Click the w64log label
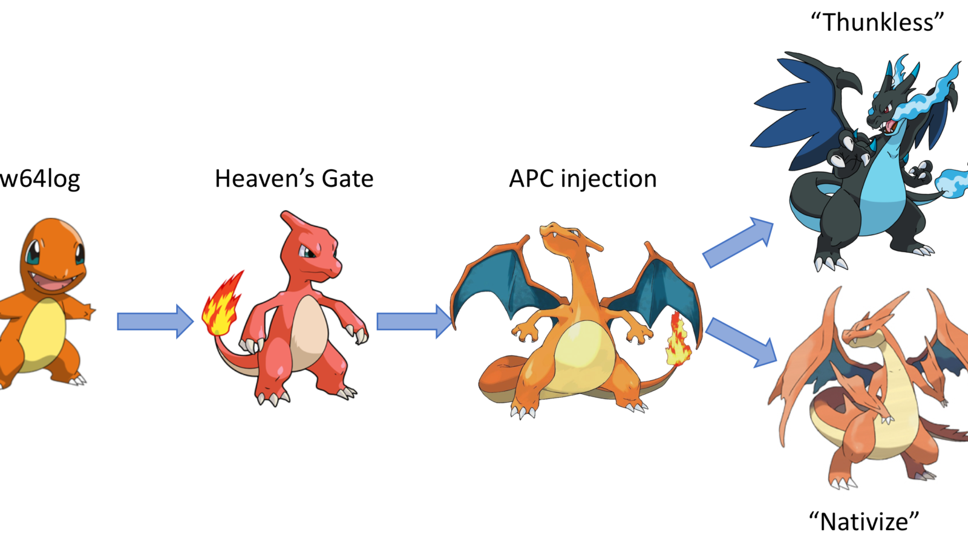click(x=40, y=179)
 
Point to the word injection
click(x=609, y=180)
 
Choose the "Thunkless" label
click(x=877, y=22)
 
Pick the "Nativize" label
click(x=864, y=521)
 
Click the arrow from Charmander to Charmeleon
click(x=155, y=321)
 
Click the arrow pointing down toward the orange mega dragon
click(x=742, y=342)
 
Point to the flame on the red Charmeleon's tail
click(x=223, y=305)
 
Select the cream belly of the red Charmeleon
click(x=309, y=329)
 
